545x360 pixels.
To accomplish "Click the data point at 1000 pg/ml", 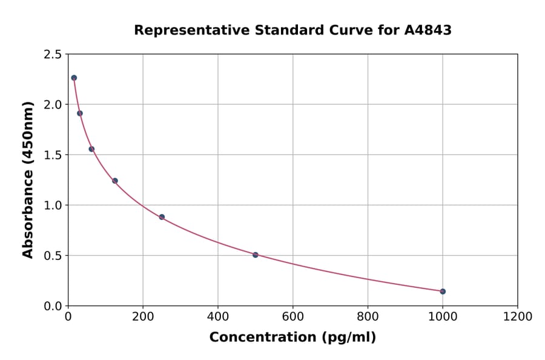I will point(443,292).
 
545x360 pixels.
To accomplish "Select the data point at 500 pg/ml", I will point(256,255).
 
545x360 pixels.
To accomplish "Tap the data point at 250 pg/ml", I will point(162,217).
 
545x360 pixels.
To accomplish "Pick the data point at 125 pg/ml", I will point(115,181).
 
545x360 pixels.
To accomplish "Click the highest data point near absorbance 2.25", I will point(74,78).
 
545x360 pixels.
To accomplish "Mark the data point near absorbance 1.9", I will point(80,113).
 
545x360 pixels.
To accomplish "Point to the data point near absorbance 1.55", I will point(91,149).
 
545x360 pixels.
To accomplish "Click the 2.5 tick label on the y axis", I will point(52,55).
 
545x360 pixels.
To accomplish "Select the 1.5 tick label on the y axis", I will point(52,155).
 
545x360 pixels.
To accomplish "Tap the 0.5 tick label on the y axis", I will point(52,256).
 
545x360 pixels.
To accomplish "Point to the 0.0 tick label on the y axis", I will point(52,306).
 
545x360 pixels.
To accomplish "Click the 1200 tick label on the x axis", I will point(517,317).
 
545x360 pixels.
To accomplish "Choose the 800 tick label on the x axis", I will point(368,317).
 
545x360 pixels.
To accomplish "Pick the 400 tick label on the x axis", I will point(218,317).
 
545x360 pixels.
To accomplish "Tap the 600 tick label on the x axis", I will point(292,317).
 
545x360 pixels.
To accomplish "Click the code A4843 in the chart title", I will point(428,30).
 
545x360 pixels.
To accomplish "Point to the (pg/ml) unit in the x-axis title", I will point(348,338).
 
